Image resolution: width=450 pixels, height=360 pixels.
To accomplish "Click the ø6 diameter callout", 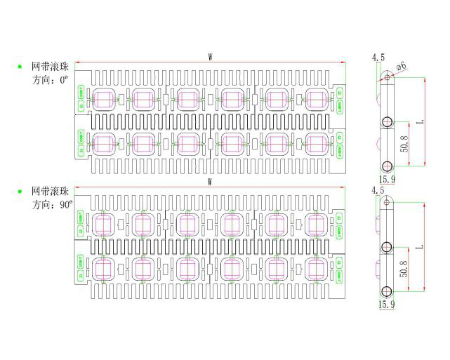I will (402, 66).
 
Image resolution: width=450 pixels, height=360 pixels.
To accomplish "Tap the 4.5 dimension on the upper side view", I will (378, 57).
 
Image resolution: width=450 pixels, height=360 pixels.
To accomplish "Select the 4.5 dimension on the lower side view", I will (378, 190).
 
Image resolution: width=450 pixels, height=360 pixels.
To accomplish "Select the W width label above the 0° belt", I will (211, 57).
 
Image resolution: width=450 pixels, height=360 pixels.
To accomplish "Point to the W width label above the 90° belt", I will (211, 182).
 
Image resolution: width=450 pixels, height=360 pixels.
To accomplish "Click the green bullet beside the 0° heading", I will (19, 67).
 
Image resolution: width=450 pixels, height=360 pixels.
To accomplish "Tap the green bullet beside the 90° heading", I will (19, 191).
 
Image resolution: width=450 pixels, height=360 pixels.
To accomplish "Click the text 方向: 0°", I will (51, 81).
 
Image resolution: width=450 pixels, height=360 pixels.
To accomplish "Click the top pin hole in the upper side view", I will (385, 76).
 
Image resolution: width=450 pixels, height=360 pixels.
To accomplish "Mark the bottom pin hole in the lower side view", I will (385, 291).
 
